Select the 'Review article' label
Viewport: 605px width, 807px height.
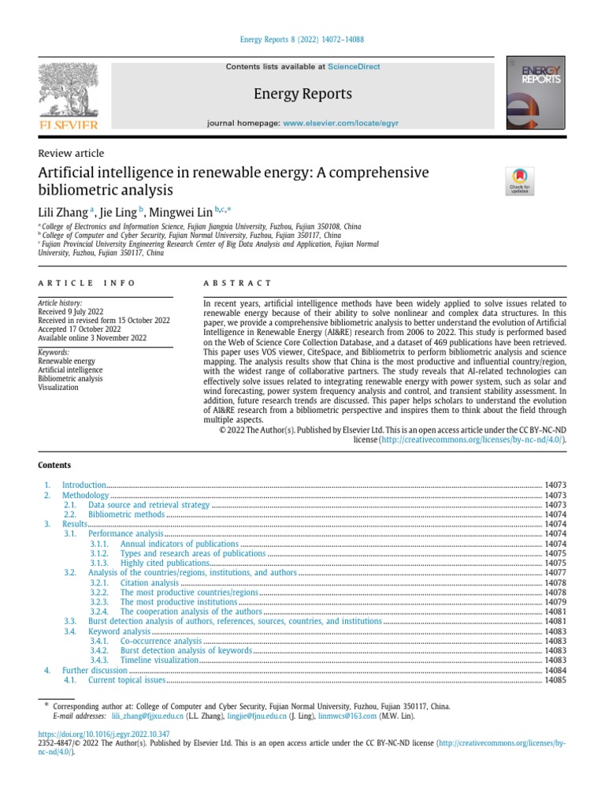[71, 153]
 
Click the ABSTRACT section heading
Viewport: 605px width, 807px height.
[237, 283]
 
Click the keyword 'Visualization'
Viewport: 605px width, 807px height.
[58, 387]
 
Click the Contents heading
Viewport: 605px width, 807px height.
[54, 465]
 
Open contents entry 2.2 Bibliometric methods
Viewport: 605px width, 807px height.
[126, 515]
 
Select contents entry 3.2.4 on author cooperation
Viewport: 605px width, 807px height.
[191, 612]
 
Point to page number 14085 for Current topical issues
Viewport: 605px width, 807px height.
[555, 679]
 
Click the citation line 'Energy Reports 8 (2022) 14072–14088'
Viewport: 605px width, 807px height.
[302, 39]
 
